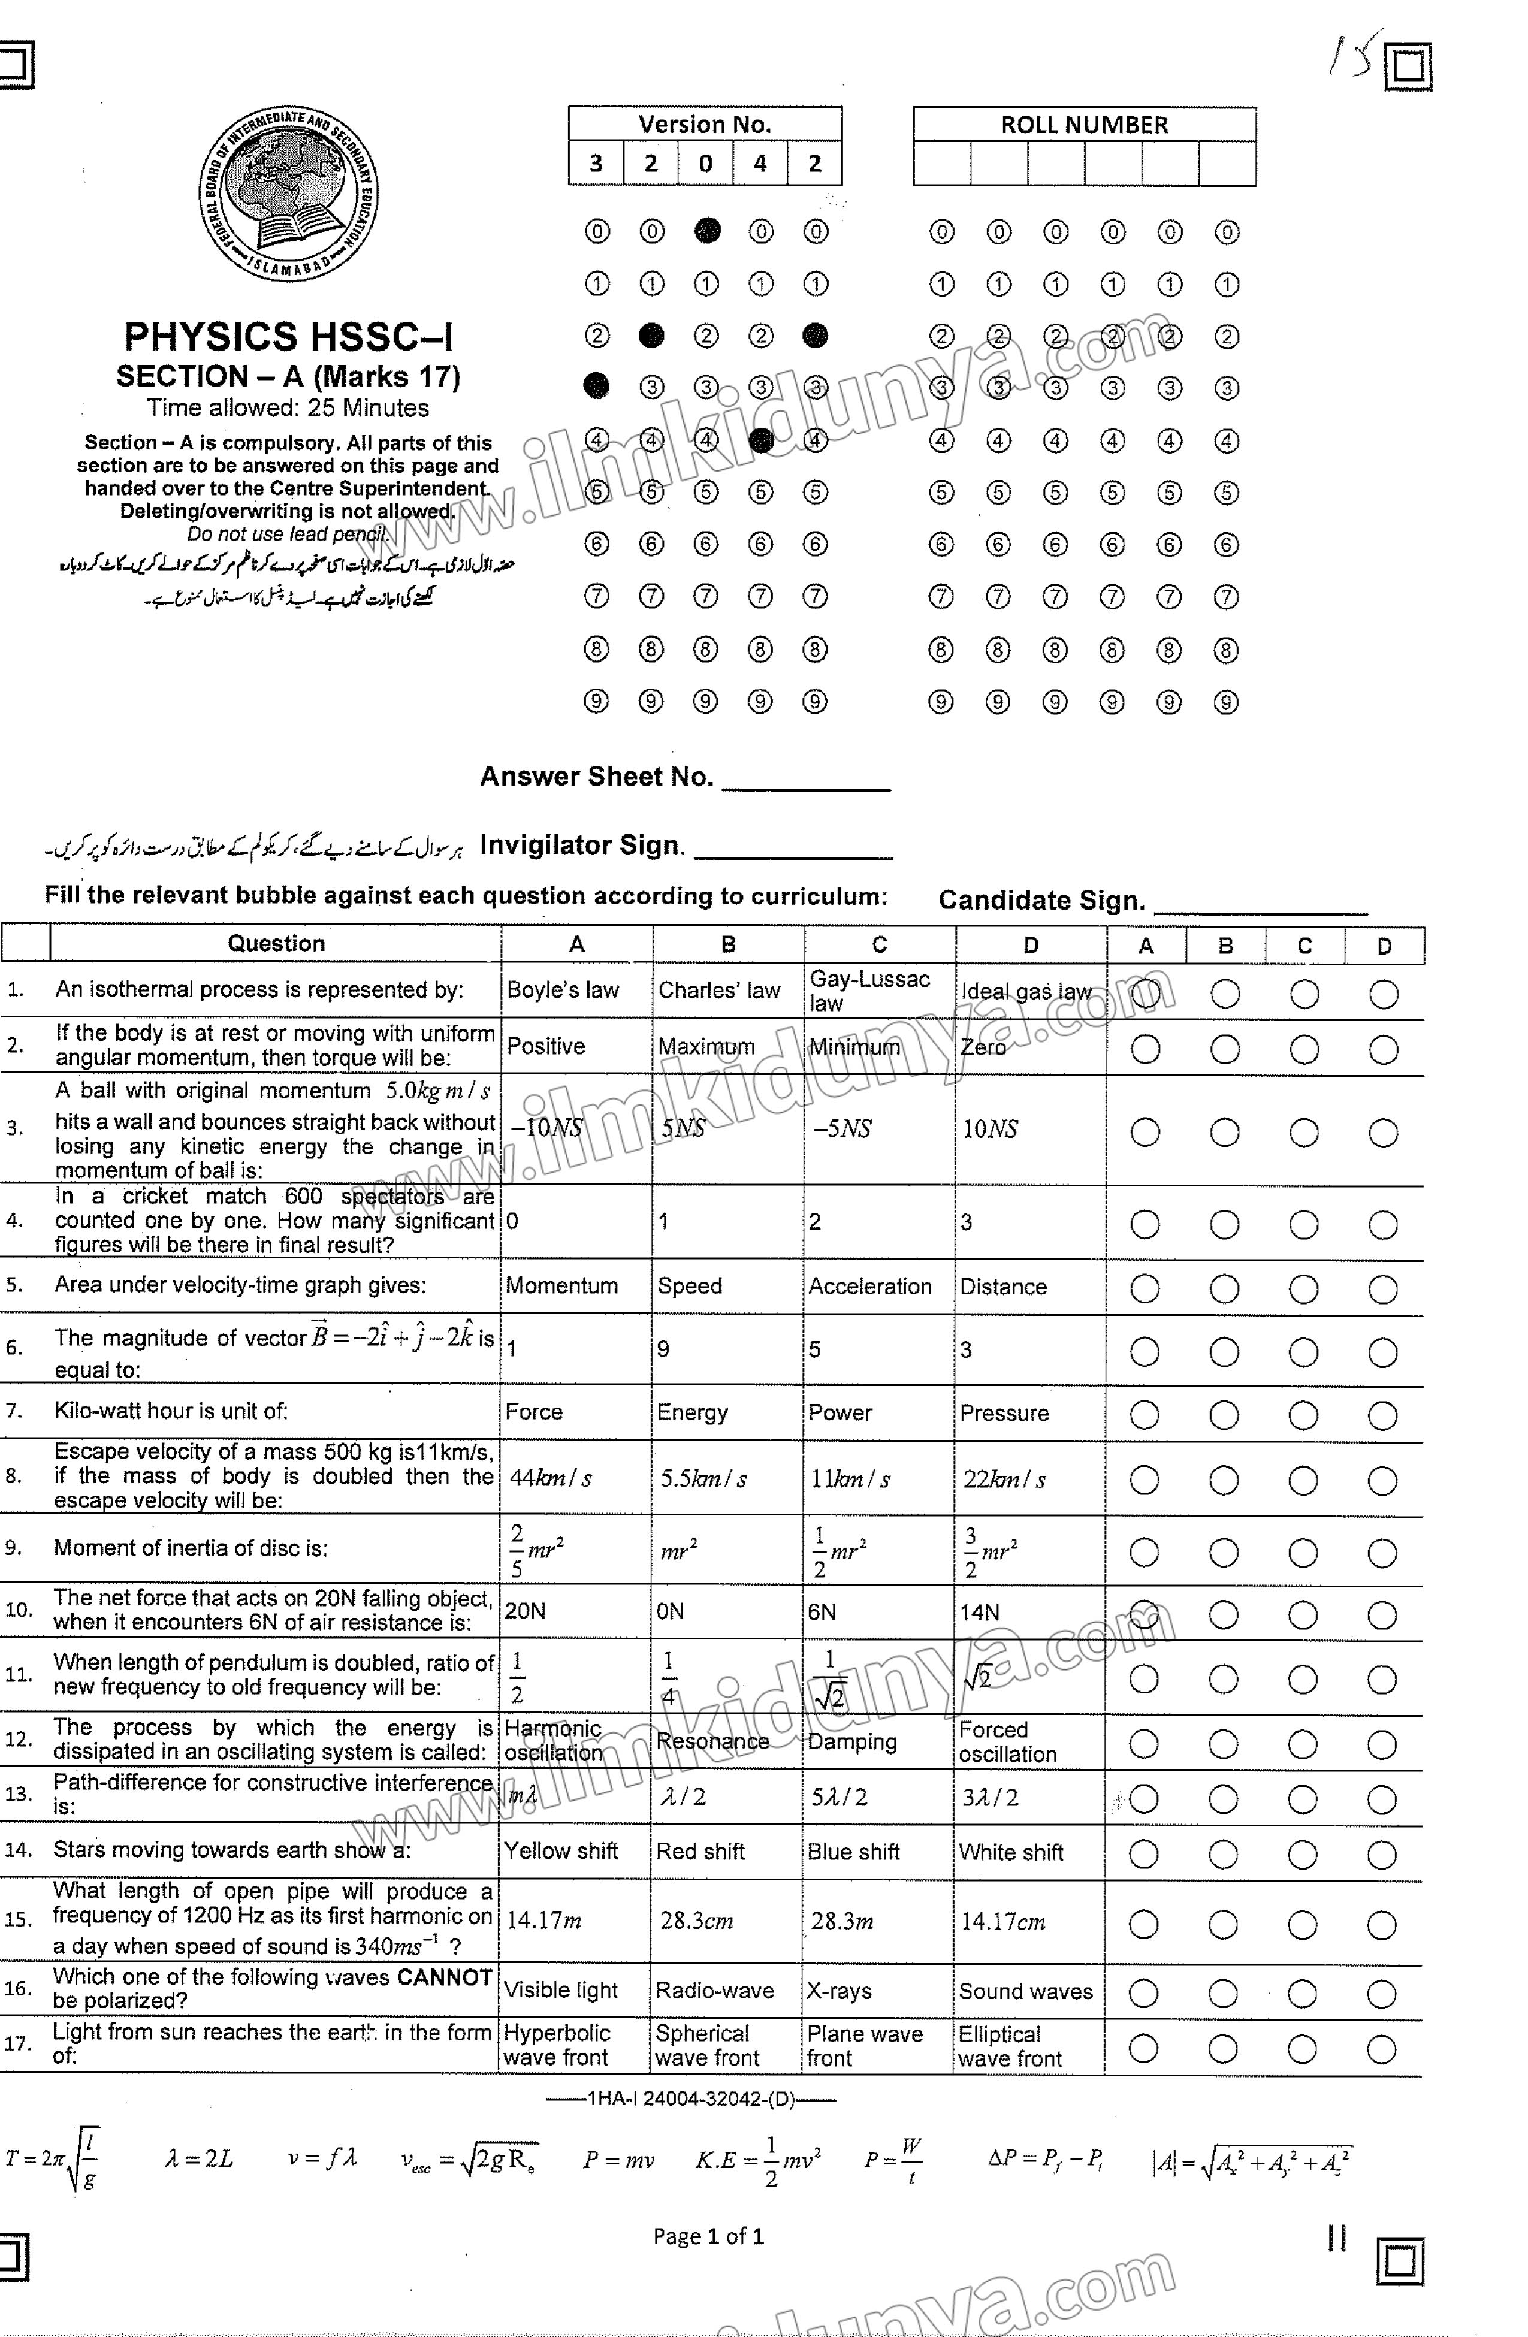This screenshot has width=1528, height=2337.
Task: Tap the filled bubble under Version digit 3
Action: [x=596, y=386]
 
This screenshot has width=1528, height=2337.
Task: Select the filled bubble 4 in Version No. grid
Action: [x=761, y=440]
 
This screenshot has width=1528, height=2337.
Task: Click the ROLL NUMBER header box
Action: [x=1084, y=125]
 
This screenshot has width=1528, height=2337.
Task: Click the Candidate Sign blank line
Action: [x=1260, y=904]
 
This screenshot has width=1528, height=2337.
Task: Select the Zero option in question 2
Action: [x=983, y=1047]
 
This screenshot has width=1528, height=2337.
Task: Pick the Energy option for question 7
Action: [x=692, y=1413]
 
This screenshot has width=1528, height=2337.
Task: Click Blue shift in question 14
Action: [x=853, y=1852]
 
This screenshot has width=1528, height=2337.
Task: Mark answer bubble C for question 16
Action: [x=1302, y=1994]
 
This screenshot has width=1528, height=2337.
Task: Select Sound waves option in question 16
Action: [x=1025, y=1991]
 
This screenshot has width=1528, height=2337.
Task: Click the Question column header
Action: [x=276, y=944]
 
